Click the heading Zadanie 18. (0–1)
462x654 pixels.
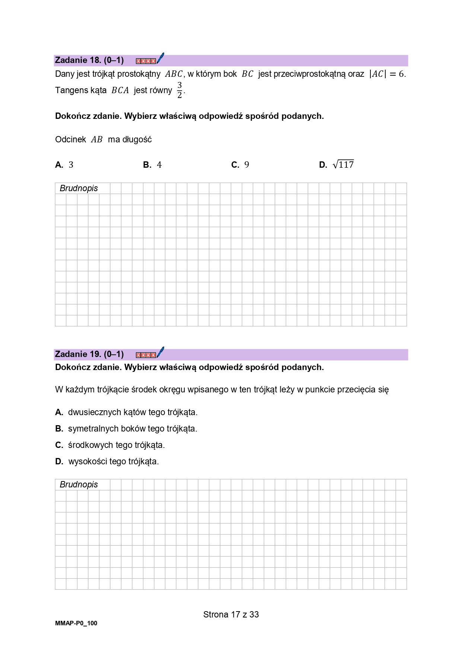89,60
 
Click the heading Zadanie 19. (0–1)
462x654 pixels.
89,354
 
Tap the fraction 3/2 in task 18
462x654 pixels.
179,90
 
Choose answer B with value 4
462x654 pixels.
152,165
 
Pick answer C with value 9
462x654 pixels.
240,165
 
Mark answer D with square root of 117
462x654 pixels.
337,165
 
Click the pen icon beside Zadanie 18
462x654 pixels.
160,59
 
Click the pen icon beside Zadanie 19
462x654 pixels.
160,353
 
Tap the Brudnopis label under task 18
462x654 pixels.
79,189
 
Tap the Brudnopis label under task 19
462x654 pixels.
79,485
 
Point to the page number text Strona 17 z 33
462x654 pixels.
231,615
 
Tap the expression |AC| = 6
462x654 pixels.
387,74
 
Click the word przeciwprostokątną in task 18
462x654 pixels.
309,74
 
